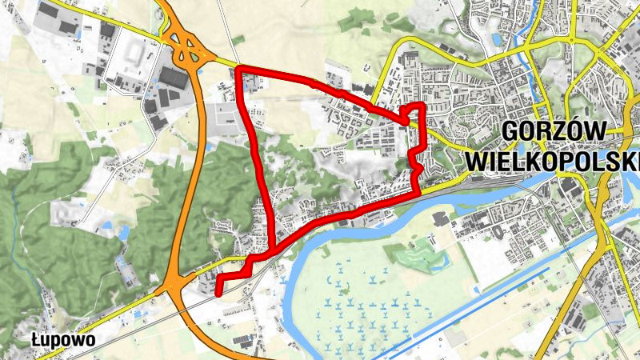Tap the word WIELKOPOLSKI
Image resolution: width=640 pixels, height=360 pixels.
click(553, 161)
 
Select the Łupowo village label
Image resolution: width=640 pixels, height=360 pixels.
click(63, 340)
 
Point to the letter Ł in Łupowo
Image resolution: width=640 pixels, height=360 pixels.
click(36, 340)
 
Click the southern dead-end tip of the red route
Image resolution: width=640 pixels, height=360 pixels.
click(219, 294)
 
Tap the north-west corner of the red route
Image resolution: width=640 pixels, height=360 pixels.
click(242, 72)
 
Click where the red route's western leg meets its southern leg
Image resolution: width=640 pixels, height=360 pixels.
click(273, 247)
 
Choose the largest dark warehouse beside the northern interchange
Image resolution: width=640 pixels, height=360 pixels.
click(172, 77)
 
